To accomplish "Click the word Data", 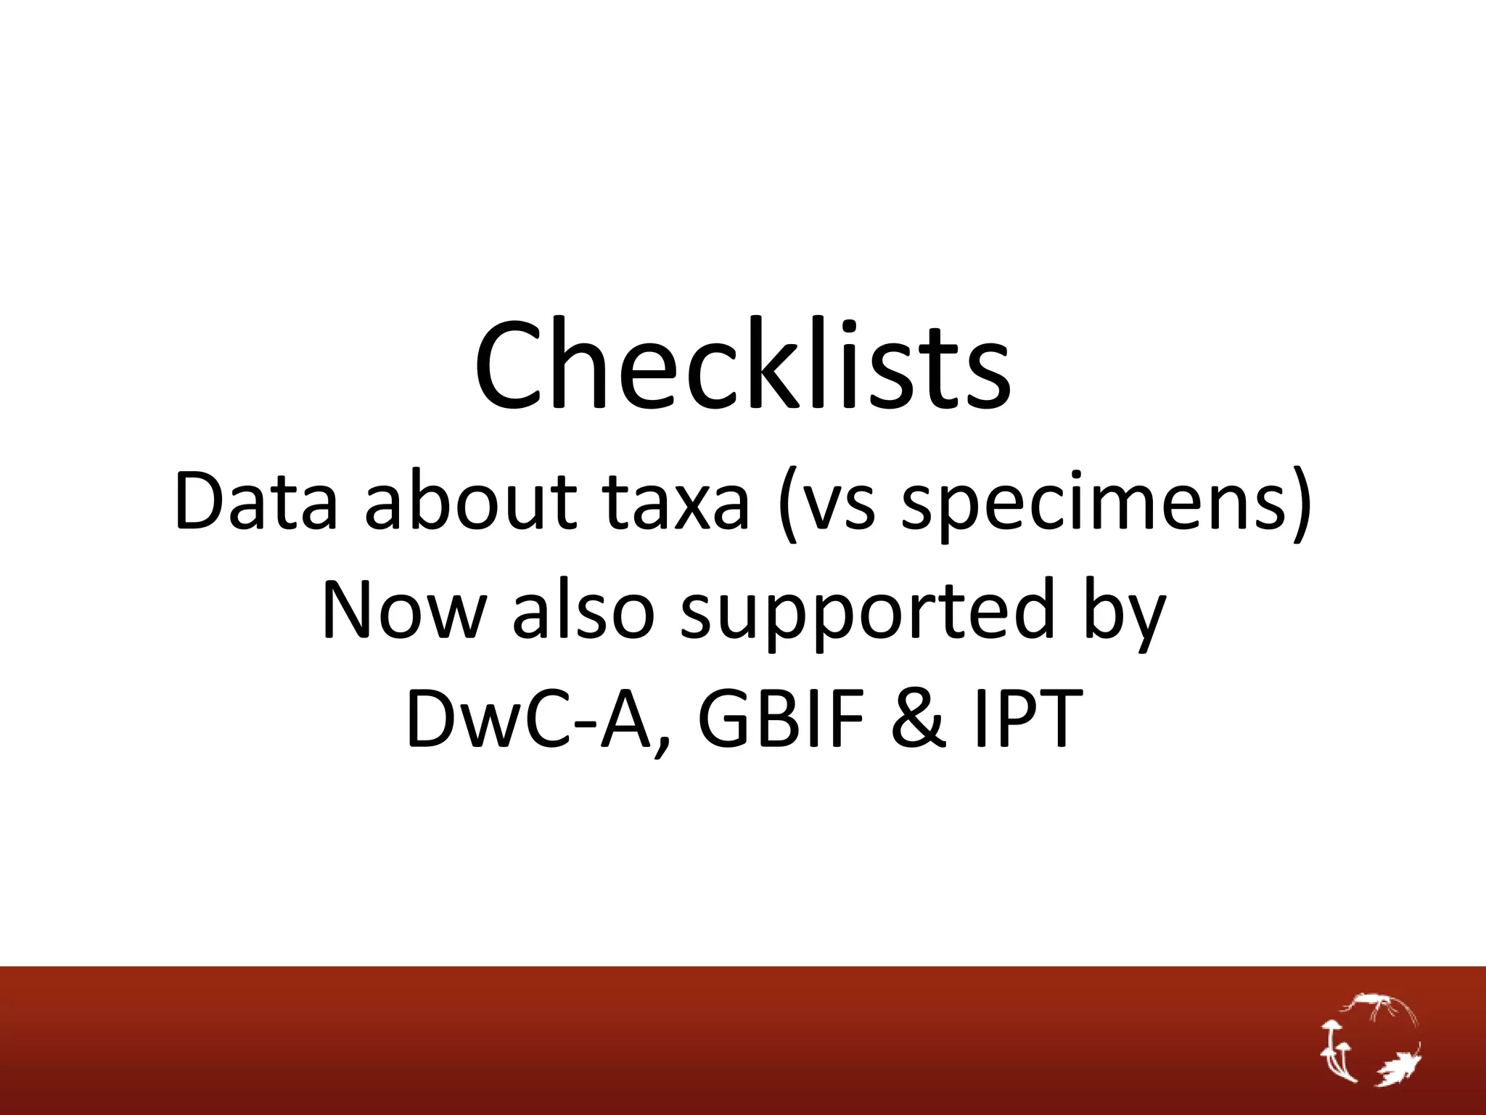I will click(x=256, y=501).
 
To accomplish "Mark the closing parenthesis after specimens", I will click(x=1300, y=504).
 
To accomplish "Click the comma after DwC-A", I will click(x=659, y=743).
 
